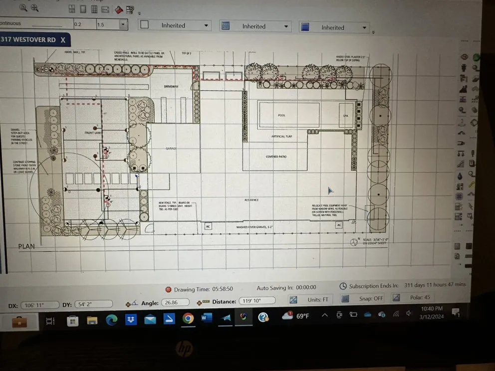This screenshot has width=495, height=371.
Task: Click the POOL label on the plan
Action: click(x=281, y=115)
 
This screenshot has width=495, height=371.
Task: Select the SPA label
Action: click(x=345, y=116)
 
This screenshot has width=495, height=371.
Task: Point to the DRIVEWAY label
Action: click(x=171, y=87)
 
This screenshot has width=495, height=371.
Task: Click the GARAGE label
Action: click(x=172, y=149)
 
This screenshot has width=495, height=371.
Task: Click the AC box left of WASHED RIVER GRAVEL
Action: click(x=208, y=226)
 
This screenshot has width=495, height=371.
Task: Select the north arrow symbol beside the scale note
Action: click(x=354, y=242)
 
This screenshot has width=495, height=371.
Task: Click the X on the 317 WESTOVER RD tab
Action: click(x=63, y=39)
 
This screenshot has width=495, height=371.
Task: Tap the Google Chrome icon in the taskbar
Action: click(x=188, y=318)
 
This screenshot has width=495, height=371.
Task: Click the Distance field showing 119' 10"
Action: click(x=257, y=301)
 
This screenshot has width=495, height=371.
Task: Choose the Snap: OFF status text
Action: click(x=371, y=299)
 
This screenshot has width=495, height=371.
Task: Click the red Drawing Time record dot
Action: click(x=168, y=289)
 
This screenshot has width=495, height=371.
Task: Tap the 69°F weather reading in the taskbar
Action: click(x=302, y=316)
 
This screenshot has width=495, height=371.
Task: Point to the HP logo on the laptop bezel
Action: click(x=184, y=350)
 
